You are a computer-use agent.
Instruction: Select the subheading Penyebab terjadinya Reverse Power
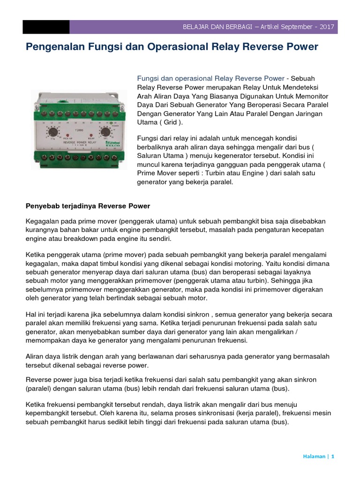coord(87,206)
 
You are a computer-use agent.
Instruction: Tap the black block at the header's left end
coord(46,27)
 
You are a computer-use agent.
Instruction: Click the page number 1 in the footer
coord(332,457)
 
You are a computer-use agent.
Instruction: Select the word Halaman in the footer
coord(314,457)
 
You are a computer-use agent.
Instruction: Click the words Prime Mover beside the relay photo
coord(157,173)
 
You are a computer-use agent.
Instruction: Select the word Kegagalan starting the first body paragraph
coord(42,221)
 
